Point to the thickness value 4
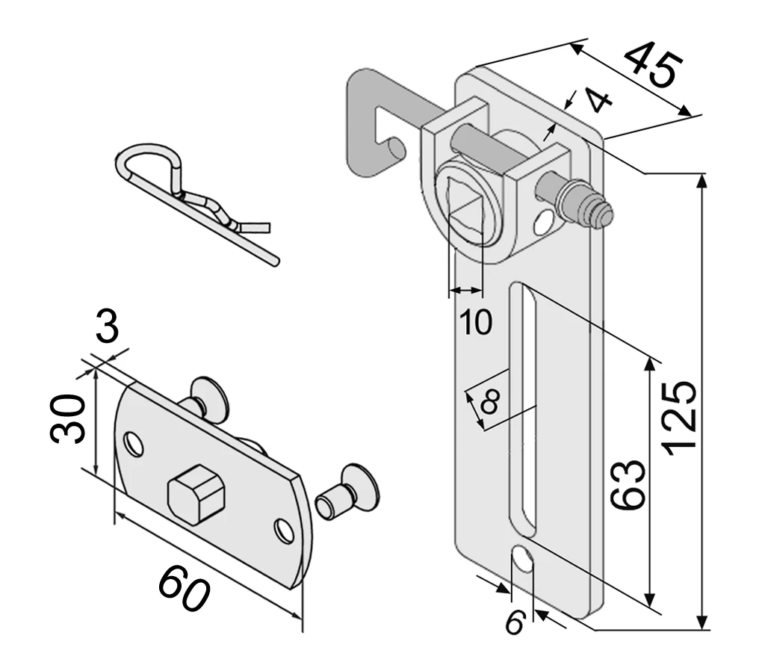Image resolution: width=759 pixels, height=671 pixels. click(x=596, y=99)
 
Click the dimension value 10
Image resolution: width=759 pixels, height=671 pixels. click(x=475, y=321)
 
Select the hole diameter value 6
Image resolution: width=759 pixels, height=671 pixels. click(x=513, y=622)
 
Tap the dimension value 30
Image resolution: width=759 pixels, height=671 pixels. click(x=66, y=418)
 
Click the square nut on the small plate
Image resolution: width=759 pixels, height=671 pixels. click(x=195, y=494)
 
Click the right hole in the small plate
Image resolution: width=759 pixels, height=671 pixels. click(x=283, y=531)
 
